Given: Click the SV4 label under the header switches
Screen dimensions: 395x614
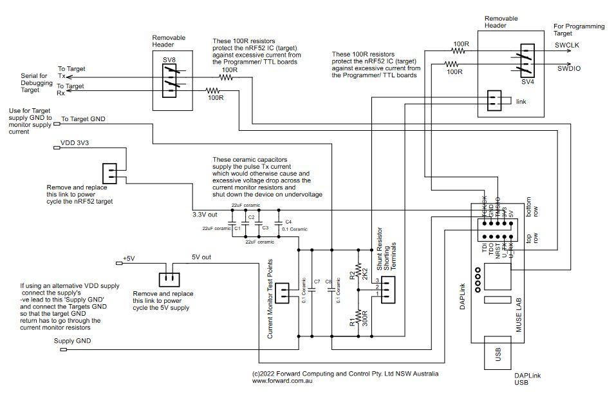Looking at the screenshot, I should point(527,82).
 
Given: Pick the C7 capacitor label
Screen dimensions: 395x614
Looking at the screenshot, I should point(317,282).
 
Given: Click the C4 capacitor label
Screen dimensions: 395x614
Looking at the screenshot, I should point(288,221).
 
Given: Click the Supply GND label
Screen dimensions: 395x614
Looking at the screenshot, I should point(72,341).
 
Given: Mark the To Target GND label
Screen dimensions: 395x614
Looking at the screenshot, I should point(83,119).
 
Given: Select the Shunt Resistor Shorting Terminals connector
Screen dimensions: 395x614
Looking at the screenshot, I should point(388,290).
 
